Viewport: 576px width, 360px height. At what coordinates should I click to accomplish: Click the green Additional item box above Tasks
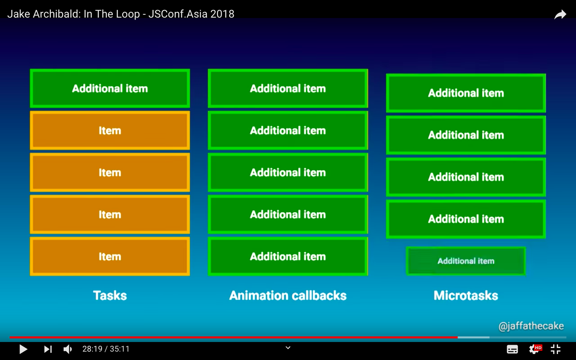pos(110,88)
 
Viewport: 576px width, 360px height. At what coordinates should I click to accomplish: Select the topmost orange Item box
pos(110,130)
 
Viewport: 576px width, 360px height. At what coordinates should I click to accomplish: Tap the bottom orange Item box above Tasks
pos(110,256)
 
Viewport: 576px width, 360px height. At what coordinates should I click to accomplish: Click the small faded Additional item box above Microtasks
pos(466,261)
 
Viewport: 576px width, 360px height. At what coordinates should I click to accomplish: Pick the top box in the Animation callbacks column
pos(288,88)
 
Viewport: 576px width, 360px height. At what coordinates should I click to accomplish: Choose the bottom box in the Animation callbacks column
pos(288,256)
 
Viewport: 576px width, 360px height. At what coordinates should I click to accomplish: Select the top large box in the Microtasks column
pos(466,93)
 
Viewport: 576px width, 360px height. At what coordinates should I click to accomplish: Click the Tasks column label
pos(110,296)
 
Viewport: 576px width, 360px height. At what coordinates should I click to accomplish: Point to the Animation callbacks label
pos(288,296)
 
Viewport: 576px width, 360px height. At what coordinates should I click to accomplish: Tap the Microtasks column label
pos(466,296)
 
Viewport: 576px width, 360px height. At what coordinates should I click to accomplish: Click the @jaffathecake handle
pos(531,326)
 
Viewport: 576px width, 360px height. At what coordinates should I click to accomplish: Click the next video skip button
pos(48,349)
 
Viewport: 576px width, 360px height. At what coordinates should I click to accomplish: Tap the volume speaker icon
pos(68,349)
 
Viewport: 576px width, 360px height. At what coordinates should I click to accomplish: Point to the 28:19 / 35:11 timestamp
pos(106,349)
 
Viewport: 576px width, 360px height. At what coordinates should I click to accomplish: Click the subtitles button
pos(512,349)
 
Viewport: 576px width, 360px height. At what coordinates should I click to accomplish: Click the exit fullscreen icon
pos(556,349)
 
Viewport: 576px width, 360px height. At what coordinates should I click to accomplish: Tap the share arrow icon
pos(560,15)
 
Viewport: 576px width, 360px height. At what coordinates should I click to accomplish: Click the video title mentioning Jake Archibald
pos(121,14)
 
